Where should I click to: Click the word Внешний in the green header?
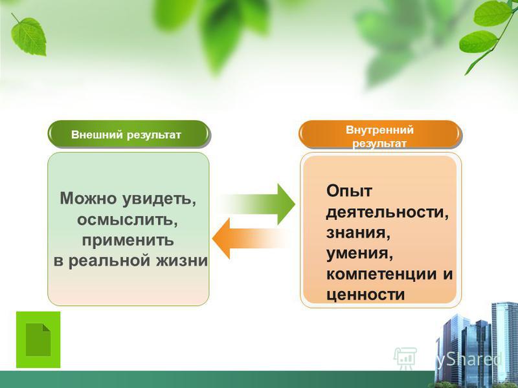[96, 135]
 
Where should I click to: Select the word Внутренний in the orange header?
[379, 130]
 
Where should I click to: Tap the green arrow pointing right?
[258, 204]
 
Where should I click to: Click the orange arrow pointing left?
[251, 238]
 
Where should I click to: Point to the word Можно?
[88, 199]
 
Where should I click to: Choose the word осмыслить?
[128, 219]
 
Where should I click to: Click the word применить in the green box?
[128, 240]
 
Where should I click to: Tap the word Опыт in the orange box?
[349, 191]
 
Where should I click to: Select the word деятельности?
[387, 212]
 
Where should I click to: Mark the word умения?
[360, 254]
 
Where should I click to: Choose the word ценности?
[365, 295]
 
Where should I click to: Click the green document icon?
[38, 339]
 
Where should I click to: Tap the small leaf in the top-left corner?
[28, 36]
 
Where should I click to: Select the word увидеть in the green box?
[159, 199]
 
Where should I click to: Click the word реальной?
[109, 261]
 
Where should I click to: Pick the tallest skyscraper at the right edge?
[504, 343]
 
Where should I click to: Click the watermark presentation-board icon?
[405, 358]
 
